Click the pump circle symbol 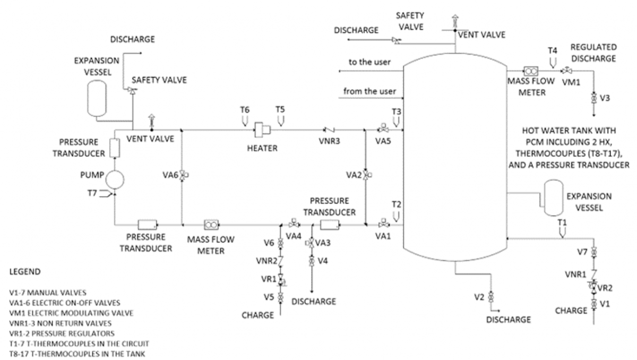[115, 179]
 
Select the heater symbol [262, 130]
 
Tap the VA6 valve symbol [184, 175]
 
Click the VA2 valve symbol [367, 175]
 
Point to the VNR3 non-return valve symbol [329, 130]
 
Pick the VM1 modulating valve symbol [567, 70]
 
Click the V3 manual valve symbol [593, 98]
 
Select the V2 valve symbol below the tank [490, 297]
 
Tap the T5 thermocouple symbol [280, 121]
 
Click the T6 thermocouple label [245, 109]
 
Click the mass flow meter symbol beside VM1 [531, 71]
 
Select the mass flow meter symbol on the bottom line [211, 225]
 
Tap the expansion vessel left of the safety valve [97, 98]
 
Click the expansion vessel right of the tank [553, 198]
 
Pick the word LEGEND [25, 271]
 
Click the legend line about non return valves [61, 323]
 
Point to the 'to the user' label [369, 62]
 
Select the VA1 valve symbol [384, 224]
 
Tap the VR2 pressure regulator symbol [593, 287]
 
